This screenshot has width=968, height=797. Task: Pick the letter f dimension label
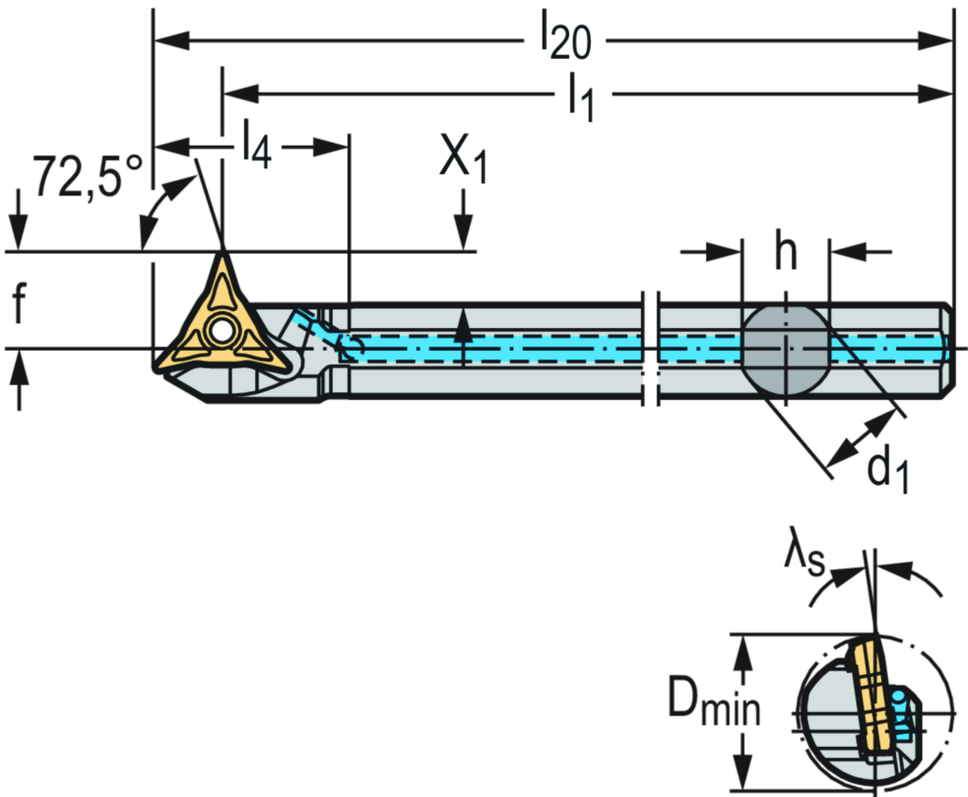(18, 304)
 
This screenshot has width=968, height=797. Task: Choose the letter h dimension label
(784, 251)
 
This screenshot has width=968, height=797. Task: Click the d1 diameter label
(889, 470)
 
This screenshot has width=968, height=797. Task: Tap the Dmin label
(714, 702)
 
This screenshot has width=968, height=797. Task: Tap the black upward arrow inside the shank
(462, 337)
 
